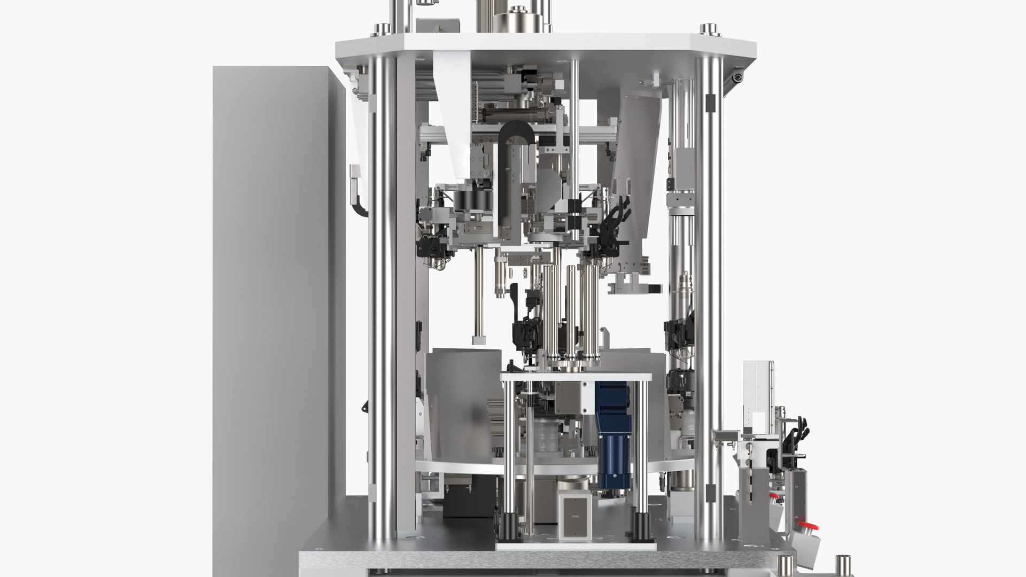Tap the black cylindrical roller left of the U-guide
click(x=470, y=200)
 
